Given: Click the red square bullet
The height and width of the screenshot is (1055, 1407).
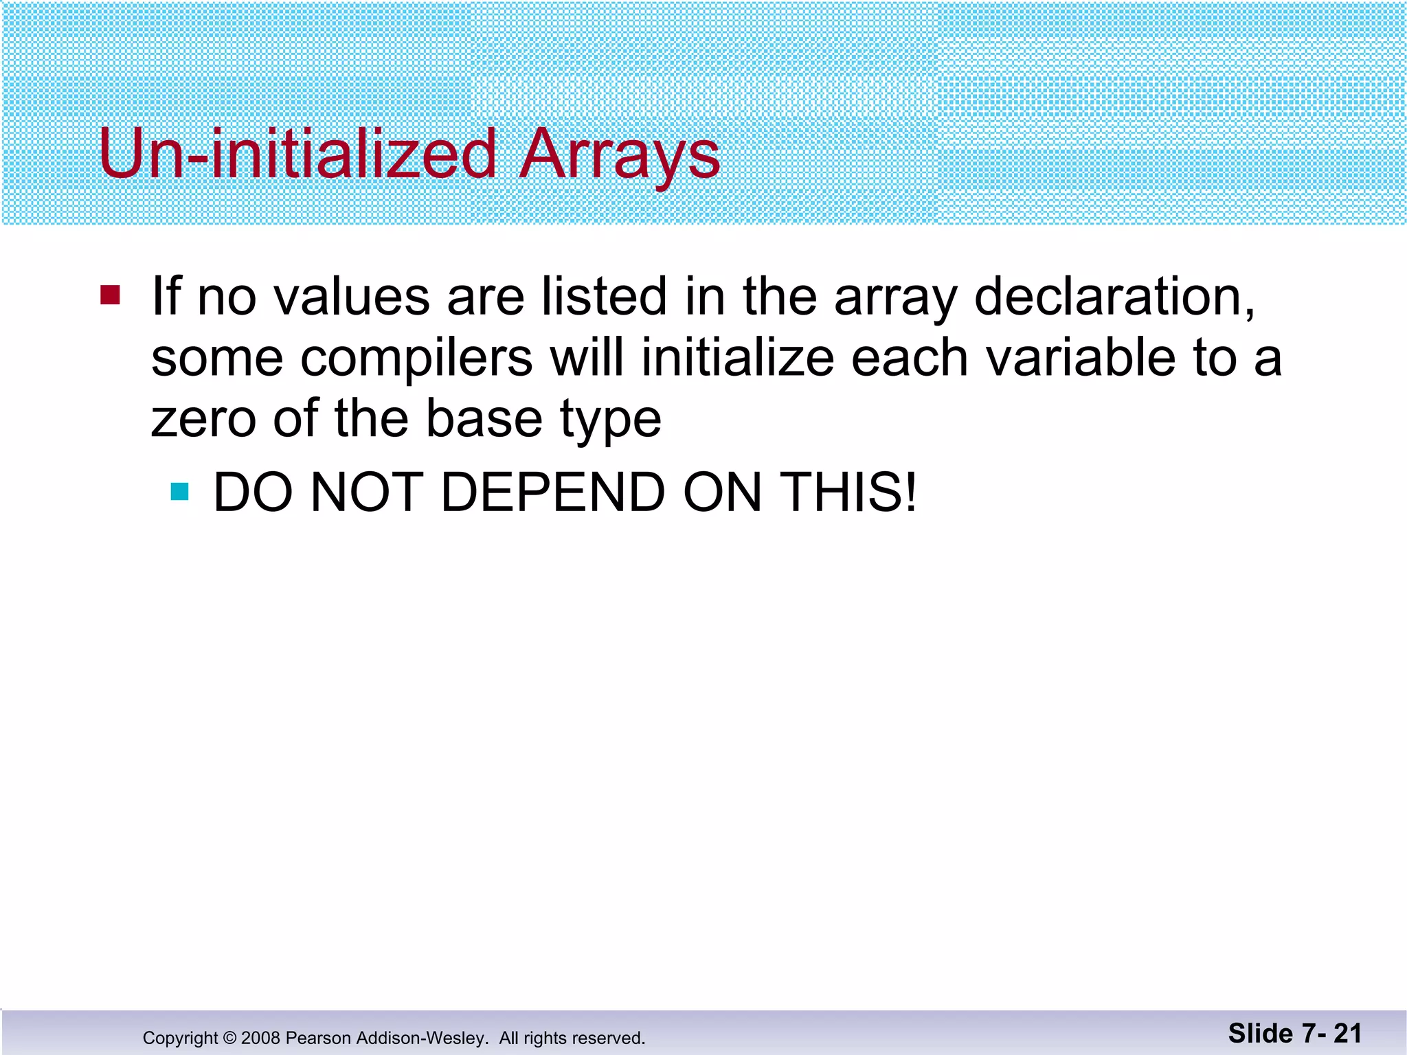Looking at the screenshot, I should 110,295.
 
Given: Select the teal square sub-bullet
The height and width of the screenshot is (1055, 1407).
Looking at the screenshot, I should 179,492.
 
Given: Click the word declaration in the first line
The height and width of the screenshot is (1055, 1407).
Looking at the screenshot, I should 1113,297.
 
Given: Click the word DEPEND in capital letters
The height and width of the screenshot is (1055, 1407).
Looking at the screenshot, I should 552,492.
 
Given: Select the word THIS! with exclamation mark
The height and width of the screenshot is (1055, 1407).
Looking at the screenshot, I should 849,492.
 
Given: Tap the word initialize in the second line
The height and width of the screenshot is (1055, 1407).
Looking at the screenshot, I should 738,359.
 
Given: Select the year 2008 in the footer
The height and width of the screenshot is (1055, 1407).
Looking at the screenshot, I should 260,1038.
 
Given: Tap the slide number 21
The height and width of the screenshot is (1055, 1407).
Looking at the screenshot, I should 1347,1033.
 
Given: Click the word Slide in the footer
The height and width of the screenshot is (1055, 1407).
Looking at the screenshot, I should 1261,1033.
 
